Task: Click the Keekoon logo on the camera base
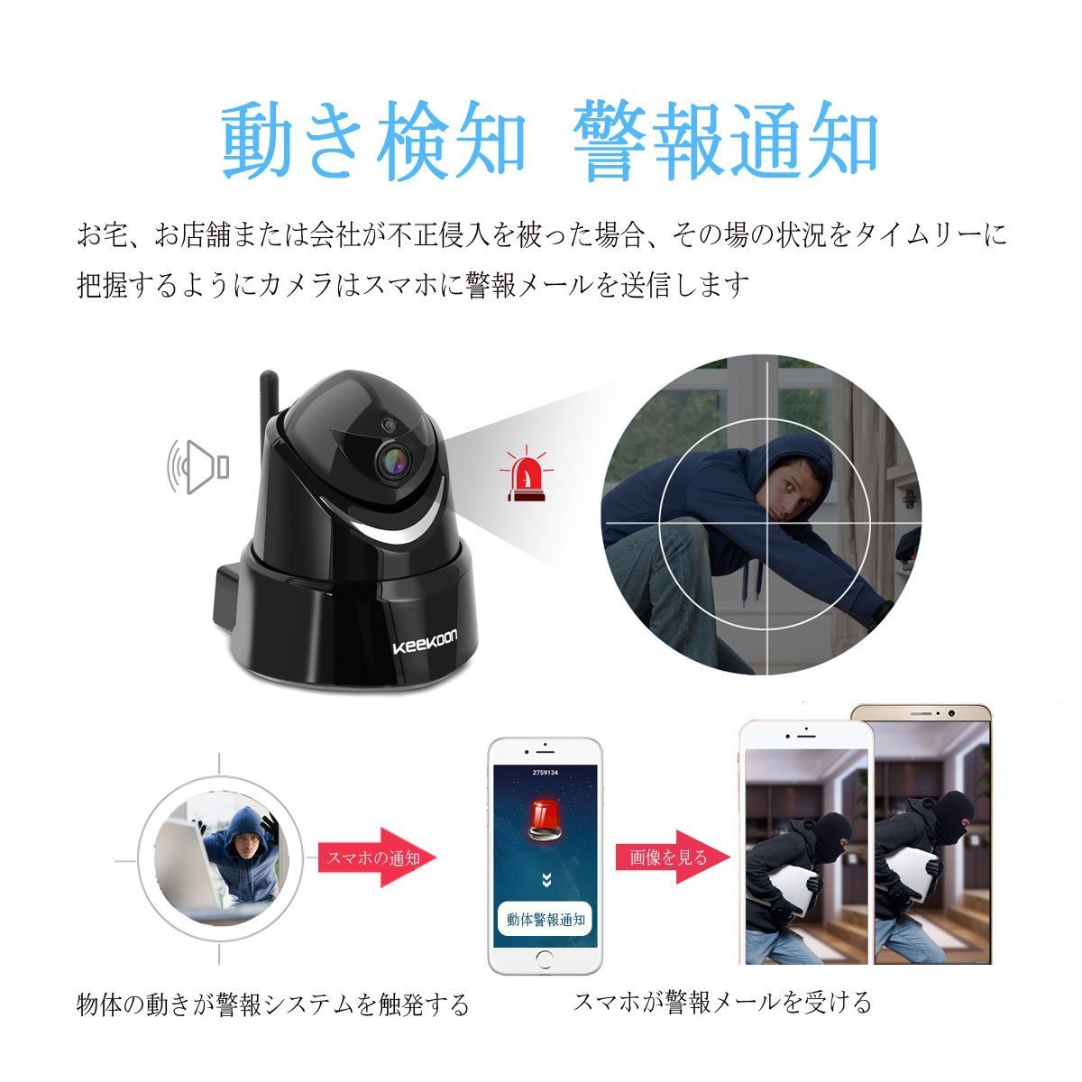coord(425,642)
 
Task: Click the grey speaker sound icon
coord(198,467)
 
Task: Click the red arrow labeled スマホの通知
coord(377,857)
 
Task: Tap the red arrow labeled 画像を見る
coord(674,857)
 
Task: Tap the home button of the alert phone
coord(545,959)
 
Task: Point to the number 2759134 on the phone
coord(545,773)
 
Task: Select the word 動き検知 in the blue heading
coord(373,141)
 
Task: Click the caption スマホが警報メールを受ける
coord(722,1003)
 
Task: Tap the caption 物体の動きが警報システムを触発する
coord(272,1004)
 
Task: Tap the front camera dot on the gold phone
coord(951,713)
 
